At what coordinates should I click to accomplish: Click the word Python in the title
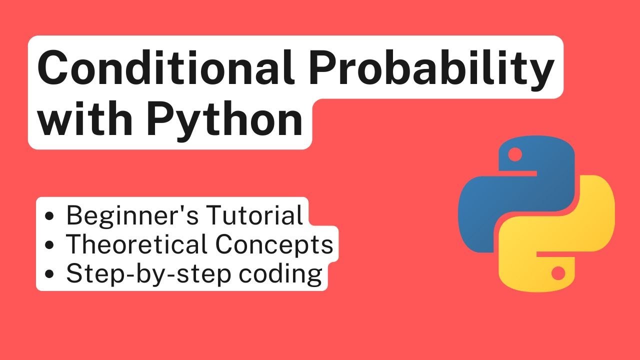click(225, 122)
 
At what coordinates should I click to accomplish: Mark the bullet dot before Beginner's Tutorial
click(50, 217)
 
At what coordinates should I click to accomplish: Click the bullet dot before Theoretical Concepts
click(50, 245)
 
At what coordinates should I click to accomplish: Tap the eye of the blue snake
click(514, 155)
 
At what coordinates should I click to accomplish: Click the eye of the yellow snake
click(558, 273)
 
